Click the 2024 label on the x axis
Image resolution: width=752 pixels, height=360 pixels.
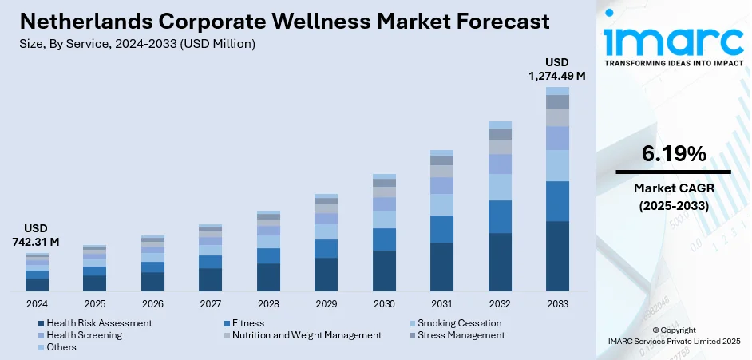pos(37,304)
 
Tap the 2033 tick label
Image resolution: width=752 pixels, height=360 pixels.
pos(557,304)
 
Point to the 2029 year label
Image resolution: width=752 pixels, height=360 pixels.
pos(326,304)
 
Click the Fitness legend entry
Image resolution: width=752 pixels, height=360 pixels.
pos(247,323)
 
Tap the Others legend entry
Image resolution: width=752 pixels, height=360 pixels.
pos(61,347)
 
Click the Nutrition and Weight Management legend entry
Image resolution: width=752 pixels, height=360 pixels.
pos(307,335)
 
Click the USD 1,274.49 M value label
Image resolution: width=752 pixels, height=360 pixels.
pos(557,69)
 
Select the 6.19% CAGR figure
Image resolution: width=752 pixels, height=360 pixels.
pos(673,154)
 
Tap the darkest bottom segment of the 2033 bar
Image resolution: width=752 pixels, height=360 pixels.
pos(557,255)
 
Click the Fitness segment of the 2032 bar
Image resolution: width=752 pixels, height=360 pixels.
pos(500,216)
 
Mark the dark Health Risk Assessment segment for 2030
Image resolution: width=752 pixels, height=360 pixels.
pos(384,271)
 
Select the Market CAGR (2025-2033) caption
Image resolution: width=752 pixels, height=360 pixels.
pos(673,196)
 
